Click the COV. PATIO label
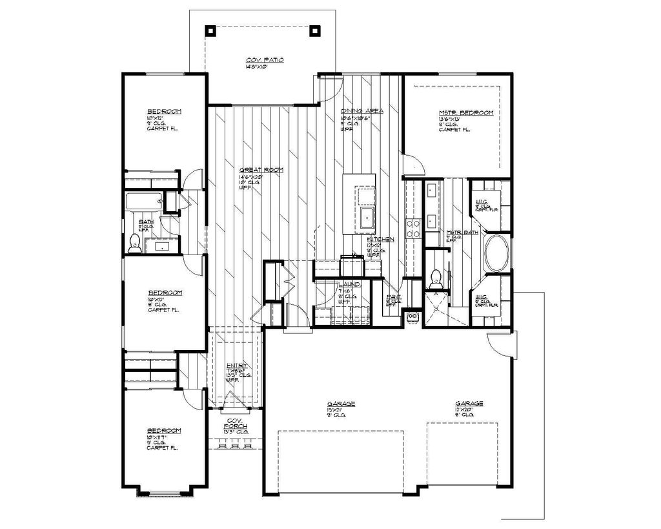point(265,60)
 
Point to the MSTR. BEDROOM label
point(465,112)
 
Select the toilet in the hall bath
point(135,242)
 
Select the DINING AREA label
point(361,110)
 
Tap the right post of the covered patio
point(315,30)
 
